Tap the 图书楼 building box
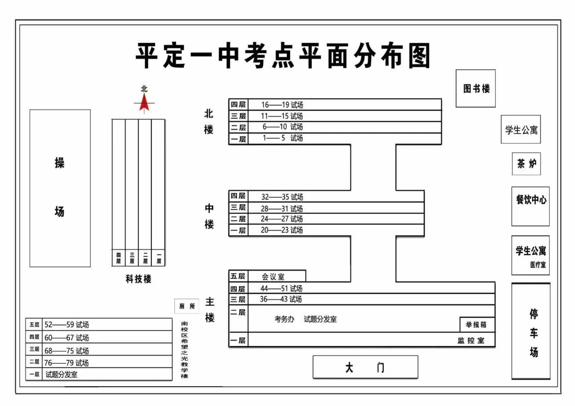(x=476, y=88)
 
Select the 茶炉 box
(x=526, y=164)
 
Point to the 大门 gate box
(x=365, y=367)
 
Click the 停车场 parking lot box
(x=531, y=331)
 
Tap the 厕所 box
(x=187, y=306)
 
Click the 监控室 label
(x=471, y=340)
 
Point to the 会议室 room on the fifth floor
(x=273, y=277)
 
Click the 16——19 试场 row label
(x=283, y=105)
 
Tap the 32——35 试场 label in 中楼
(x=282, y=197)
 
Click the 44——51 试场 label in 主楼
(x=281, y=288)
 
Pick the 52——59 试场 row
(x=66, y=325)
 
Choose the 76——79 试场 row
(x=66, y=362)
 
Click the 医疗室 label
(x=537, y=265)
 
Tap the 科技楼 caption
(x=138, y=279)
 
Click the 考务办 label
(x=284, y=319)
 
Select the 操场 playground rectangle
(x=60, y=188)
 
